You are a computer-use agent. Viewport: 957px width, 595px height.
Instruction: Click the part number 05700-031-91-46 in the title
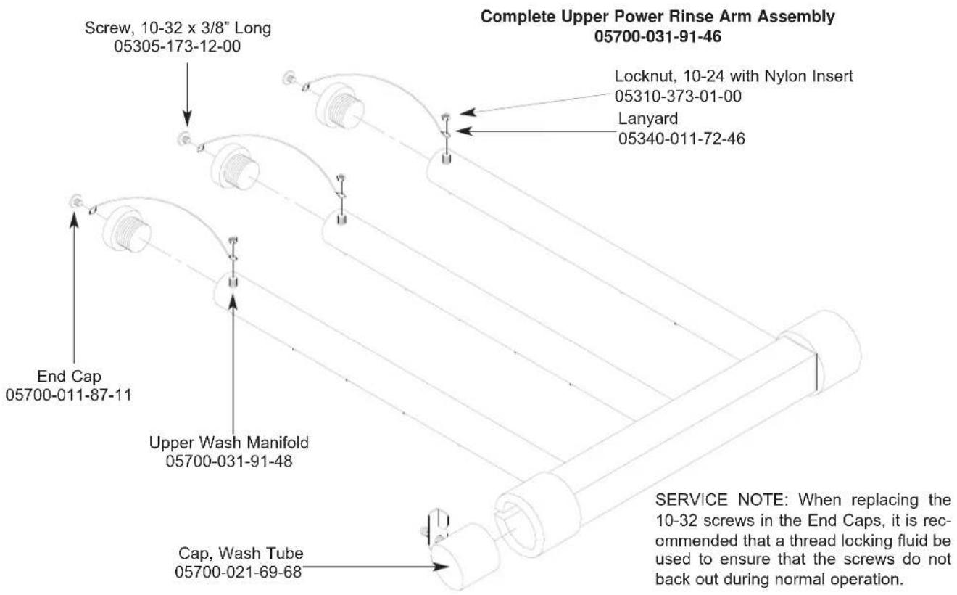(658, 36)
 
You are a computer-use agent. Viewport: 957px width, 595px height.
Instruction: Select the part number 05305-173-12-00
(178, 46)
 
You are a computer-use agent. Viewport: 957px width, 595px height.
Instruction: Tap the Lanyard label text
(648, 118)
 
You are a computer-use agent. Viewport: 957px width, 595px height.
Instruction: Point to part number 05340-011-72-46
(681, 139)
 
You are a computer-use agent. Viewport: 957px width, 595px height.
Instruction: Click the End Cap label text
(69, 376)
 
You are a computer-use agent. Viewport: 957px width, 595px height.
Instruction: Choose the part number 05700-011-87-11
(68, 395)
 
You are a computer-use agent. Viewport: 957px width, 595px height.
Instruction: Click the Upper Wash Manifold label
(229, 442)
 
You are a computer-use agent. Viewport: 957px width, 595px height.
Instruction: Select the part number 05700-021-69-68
(238, 572)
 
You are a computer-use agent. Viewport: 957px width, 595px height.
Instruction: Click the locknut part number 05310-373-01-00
(678, 96)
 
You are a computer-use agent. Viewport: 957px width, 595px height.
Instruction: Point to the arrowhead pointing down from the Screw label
(187, 118)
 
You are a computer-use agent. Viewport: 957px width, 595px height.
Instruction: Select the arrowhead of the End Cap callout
(75, 218)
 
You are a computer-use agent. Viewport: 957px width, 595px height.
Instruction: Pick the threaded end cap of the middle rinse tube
(235, 167)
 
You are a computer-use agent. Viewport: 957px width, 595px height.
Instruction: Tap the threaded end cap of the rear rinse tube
(339, 106)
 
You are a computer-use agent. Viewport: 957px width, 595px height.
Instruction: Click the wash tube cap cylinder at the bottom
(464, 555)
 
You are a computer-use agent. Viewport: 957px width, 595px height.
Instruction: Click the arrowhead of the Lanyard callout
(463, 131)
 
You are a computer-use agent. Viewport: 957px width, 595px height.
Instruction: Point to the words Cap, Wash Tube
(241, 553)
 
